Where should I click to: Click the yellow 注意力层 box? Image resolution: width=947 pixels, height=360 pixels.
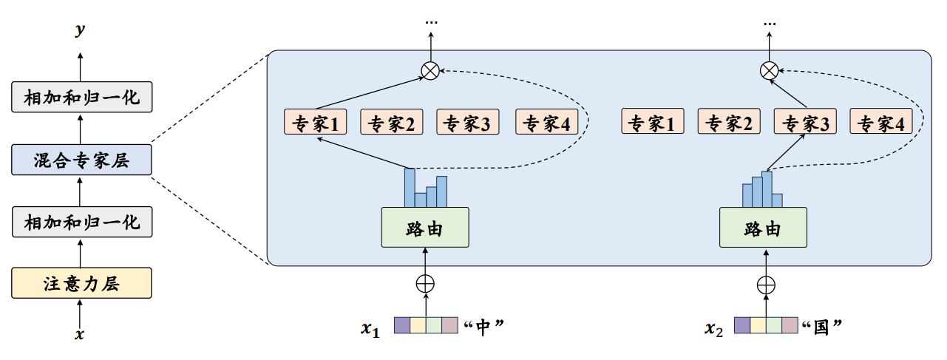pos(81,283)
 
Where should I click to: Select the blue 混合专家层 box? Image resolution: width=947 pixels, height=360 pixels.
pos(81,160)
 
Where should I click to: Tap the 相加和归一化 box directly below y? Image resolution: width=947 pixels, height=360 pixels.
pos(81,97)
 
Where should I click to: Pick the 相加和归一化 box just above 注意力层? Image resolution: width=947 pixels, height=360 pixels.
pos(81,222)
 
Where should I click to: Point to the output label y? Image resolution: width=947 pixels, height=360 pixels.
pos(80,30)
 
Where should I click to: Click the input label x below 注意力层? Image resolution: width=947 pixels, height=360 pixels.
pos(80,334)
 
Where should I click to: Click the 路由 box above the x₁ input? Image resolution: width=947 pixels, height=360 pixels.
pos(425,228)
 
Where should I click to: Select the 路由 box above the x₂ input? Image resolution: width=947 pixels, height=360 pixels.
pos(763,228)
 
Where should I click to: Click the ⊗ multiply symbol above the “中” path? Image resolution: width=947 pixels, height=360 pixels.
pos(430,71)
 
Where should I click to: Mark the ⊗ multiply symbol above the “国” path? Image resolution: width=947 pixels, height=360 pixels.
pos(769,71)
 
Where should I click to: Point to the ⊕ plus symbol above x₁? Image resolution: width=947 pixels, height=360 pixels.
pos(425,283)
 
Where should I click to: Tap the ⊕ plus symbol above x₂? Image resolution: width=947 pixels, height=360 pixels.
pos(767,283)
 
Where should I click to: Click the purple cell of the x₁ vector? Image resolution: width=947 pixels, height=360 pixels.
pos(401,326)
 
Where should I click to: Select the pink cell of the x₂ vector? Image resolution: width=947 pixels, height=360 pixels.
pos(790,326)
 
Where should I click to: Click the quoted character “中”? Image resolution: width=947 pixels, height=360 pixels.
pos(484,326)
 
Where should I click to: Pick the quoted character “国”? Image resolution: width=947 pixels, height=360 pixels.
pos(823,326)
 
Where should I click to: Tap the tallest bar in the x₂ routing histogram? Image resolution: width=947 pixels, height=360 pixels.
pos(767,189)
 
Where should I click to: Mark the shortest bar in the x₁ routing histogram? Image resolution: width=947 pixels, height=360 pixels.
pos(420,200)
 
